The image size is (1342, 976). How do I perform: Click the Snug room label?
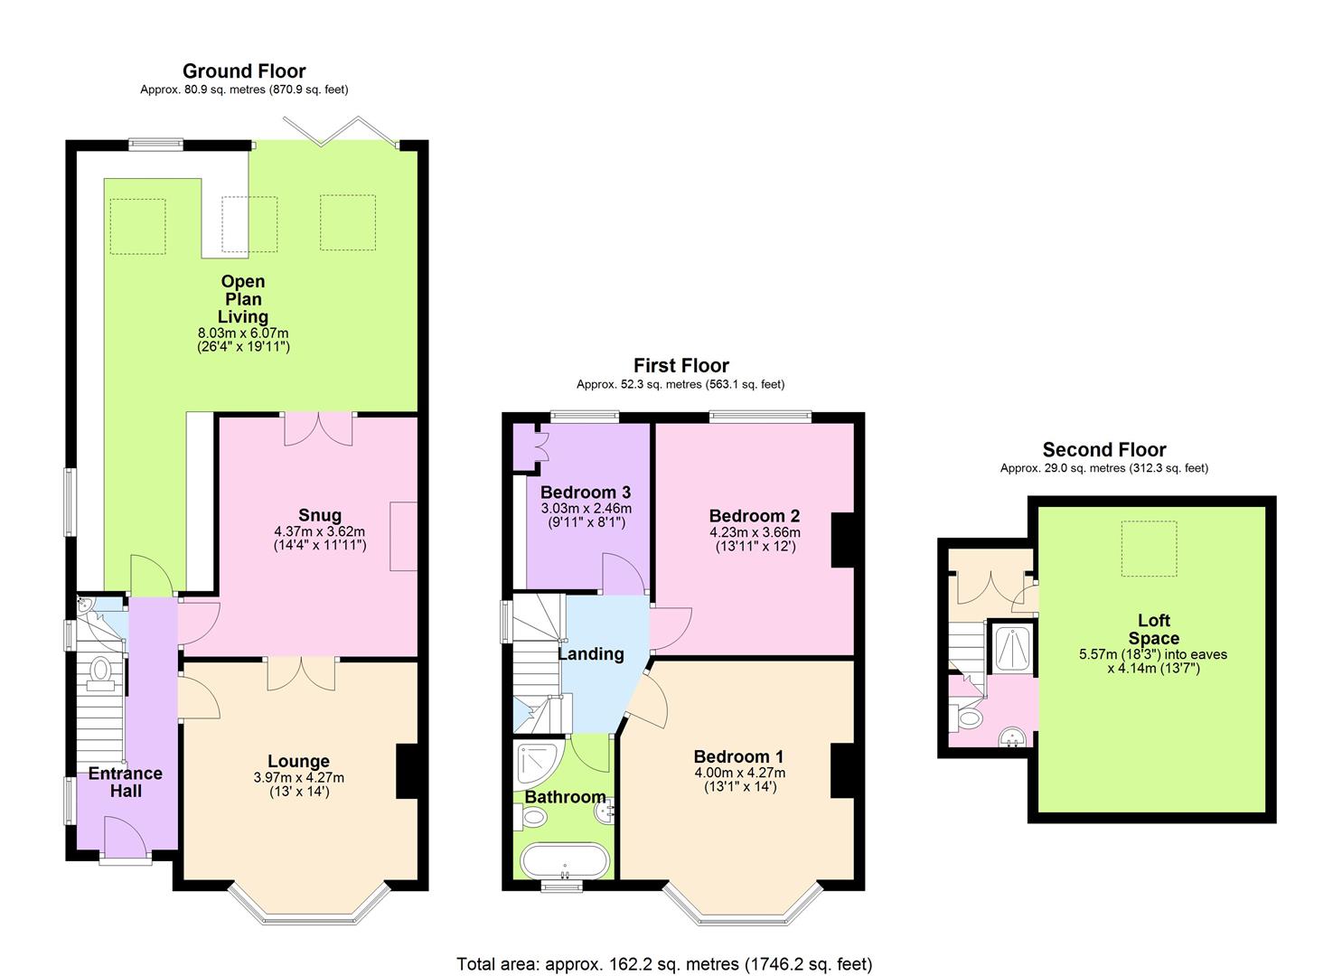[320, 515]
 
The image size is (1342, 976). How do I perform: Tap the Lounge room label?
[298, 761]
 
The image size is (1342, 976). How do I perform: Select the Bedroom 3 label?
[586, 493]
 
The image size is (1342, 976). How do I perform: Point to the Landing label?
[591, 653]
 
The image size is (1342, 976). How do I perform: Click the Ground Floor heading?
[244, 71]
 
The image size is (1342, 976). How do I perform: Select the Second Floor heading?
[1104, 449]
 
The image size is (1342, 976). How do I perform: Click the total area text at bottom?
[664, 963]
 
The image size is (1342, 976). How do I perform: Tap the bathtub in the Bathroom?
[564, 861]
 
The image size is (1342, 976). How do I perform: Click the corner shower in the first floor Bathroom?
[538, 764]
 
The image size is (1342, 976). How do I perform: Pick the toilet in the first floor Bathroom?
[530, 816]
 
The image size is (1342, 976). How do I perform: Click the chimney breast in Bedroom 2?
[842, 540]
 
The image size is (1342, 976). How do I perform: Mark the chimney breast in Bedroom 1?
[842, 771]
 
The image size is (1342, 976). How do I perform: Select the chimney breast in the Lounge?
[407, 771]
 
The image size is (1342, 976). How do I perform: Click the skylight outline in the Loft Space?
[1150, 549]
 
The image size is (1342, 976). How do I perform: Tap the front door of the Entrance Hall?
[126, 837]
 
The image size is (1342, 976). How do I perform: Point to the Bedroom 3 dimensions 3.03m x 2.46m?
[586, 509]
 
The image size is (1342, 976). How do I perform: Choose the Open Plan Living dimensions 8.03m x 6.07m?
[243, 333]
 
